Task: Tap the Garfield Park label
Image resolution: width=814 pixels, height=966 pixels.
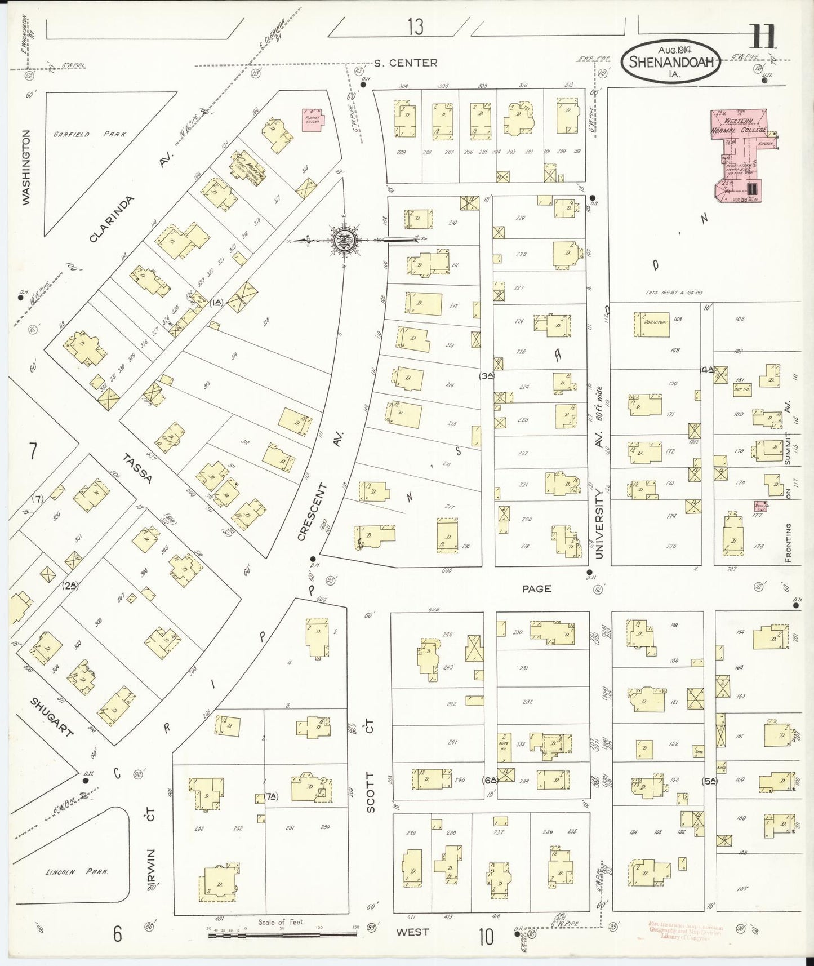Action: tap(90, 135)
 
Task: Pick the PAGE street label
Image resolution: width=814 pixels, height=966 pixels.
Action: tap(536, 589)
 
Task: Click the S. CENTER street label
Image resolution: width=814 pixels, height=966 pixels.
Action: tap(406, 63)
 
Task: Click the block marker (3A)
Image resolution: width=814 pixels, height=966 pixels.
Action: tap(487, 376)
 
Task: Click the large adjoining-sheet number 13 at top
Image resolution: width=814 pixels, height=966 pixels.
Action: tap(415, 27)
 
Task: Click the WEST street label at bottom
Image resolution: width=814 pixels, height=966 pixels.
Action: tap(412, 932)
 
